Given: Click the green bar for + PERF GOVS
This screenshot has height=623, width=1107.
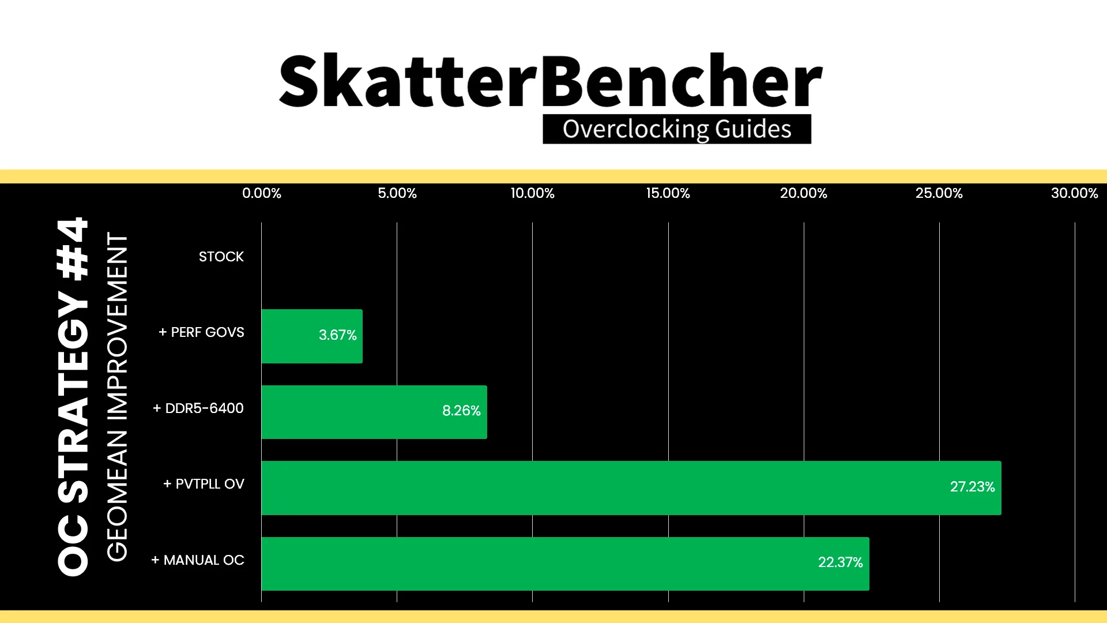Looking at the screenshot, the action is coord(312,336).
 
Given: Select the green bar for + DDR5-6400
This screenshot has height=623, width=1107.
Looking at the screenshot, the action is coord(374,412).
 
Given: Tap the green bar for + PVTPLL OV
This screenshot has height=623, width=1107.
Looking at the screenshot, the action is coord(631,488).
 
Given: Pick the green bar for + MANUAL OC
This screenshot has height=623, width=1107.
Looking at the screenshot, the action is coord(565,564).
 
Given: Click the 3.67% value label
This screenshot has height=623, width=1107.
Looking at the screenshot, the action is coord(338,335).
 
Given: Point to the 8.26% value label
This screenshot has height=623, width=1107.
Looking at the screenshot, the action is coord(461,411).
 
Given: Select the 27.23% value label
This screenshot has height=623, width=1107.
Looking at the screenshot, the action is coord(973,487).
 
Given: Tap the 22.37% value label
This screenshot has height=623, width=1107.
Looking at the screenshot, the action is coord(841,562).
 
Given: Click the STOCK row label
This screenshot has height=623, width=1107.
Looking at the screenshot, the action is coord(221,257).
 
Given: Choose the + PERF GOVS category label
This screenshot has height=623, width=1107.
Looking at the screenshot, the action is coord(201,332).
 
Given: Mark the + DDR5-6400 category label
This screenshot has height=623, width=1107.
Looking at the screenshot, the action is coord(198,408).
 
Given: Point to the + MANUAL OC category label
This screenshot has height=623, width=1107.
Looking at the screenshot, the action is coord(198,560).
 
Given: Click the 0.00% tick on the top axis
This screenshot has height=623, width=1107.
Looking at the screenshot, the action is coord(262,193).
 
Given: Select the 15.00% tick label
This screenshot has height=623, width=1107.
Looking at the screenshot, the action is coord(668,193).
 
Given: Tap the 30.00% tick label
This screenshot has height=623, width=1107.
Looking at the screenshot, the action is coord(1075,193).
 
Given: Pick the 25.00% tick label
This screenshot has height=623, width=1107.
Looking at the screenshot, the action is coord(939,193).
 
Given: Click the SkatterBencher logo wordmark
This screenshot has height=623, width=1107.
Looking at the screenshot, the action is coord(551,81).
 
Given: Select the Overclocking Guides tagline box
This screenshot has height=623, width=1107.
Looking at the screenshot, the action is coord(677,129).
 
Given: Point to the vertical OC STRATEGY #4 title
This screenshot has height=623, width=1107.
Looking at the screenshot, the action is coord(73,397).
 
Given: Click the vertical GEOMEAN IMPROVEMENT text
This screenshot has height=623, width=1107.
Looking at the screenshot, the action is coord(117,397).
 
